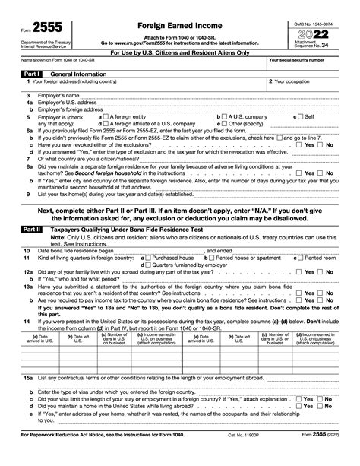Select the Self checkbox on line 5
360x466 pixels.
298,117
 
